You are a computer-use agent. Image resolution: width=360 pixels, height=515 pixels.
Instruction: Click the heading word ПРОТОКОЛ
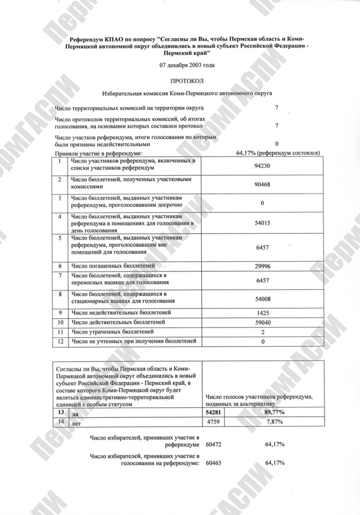pos(180,81)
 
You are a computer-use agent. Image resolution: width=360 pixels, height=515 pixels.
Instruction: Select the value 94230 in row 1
pos(262,166)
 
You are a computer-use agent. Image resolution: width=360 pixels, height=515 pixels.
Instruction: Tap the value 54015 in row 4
pos(262,223)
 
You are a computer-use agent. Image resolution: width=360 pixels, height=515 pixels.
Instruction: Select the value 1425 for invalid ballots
pos(262,313)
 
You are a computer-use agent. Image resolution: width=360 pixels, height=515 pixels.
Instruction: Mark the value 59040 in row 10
pos(262,322)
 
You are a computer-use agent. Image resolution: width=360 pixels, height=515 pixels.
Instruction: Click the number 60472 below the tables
pos(215,443)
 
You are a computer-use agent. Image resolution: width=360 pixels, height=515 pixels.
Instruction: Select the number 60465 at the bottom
pos(215,463)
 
